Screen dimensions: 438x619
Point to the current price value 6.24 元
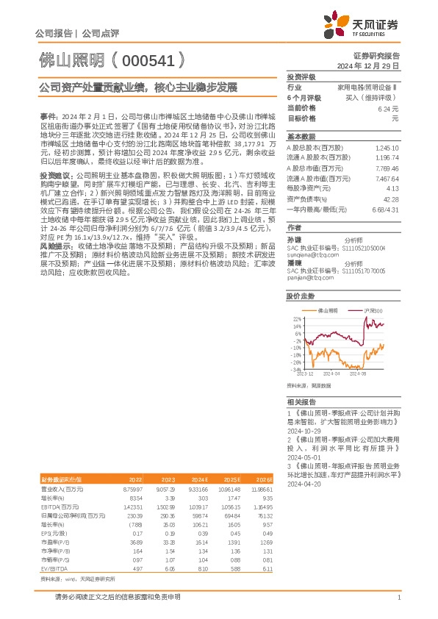click(x=389, y=108)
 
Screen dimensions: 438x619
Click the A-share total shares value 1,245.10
click(x=387, y=148)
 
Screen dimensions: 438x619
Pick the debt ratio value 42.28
click(x=391, y=199)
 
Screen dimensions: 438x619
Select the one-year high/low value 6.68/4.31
click(x=387, y=210)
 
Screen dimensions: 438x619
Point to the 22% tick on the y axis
click(x=297, y=318)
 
